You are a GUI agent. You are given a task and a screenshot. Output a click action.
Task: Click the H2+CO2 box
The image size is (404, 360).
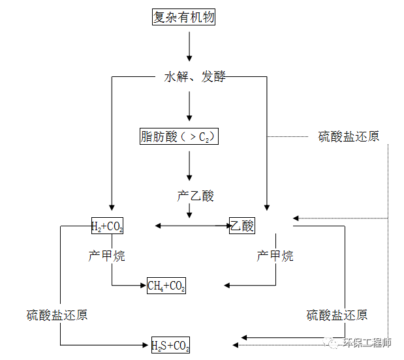[x=107, y=226]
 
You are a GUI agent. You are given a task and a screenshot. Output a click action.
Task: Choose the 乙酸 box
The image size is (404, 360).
[x=241, y=226]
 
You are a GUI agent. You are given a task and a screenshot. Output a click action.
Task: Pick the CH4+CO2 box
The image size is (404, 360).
[x=166, y=286]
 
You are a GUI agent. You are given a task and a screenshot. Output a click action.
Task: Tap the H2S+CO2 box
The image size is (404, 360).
[x=170, y=345]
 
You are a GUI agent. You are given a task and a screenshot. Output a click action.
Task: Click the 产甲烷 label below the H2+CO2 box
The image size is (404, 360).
[x=106, y=256]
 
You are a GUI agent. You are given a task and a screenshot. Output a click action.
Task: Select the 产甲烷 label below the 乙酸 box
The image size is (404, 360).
[x=275, y=256]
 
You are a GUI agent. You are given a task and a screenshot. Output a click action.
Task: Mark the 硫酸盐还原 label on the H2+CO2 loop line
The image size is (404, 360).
[x=57, y=315]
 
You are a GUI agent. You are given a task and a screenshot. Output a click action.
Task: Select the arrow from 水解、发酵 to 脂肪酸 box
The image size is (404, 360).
[x=189, y=106]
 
